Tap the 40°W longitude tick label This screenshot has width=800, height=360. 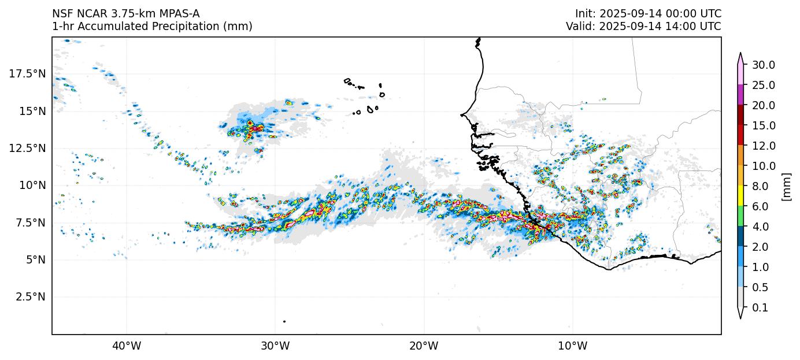127,346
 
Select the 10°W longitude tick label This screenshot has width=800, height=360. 572,346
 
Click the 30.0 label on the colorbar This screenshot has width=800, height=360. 763,65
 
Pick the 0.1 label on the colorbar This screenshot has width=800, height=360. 760,308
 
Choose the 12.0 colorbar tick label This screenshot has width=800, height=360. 763,146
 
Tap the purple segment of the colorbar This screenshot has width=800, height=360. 740,95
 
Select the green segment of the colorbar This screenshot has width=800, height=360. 740,216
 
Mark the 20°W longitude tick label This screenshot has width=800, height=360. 424,346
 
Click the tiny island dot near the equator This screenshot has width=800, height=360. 284,321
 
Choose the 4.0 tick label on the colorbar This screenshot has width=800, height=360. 760,227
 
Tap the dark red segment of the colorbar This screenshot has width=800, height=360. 740,115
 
